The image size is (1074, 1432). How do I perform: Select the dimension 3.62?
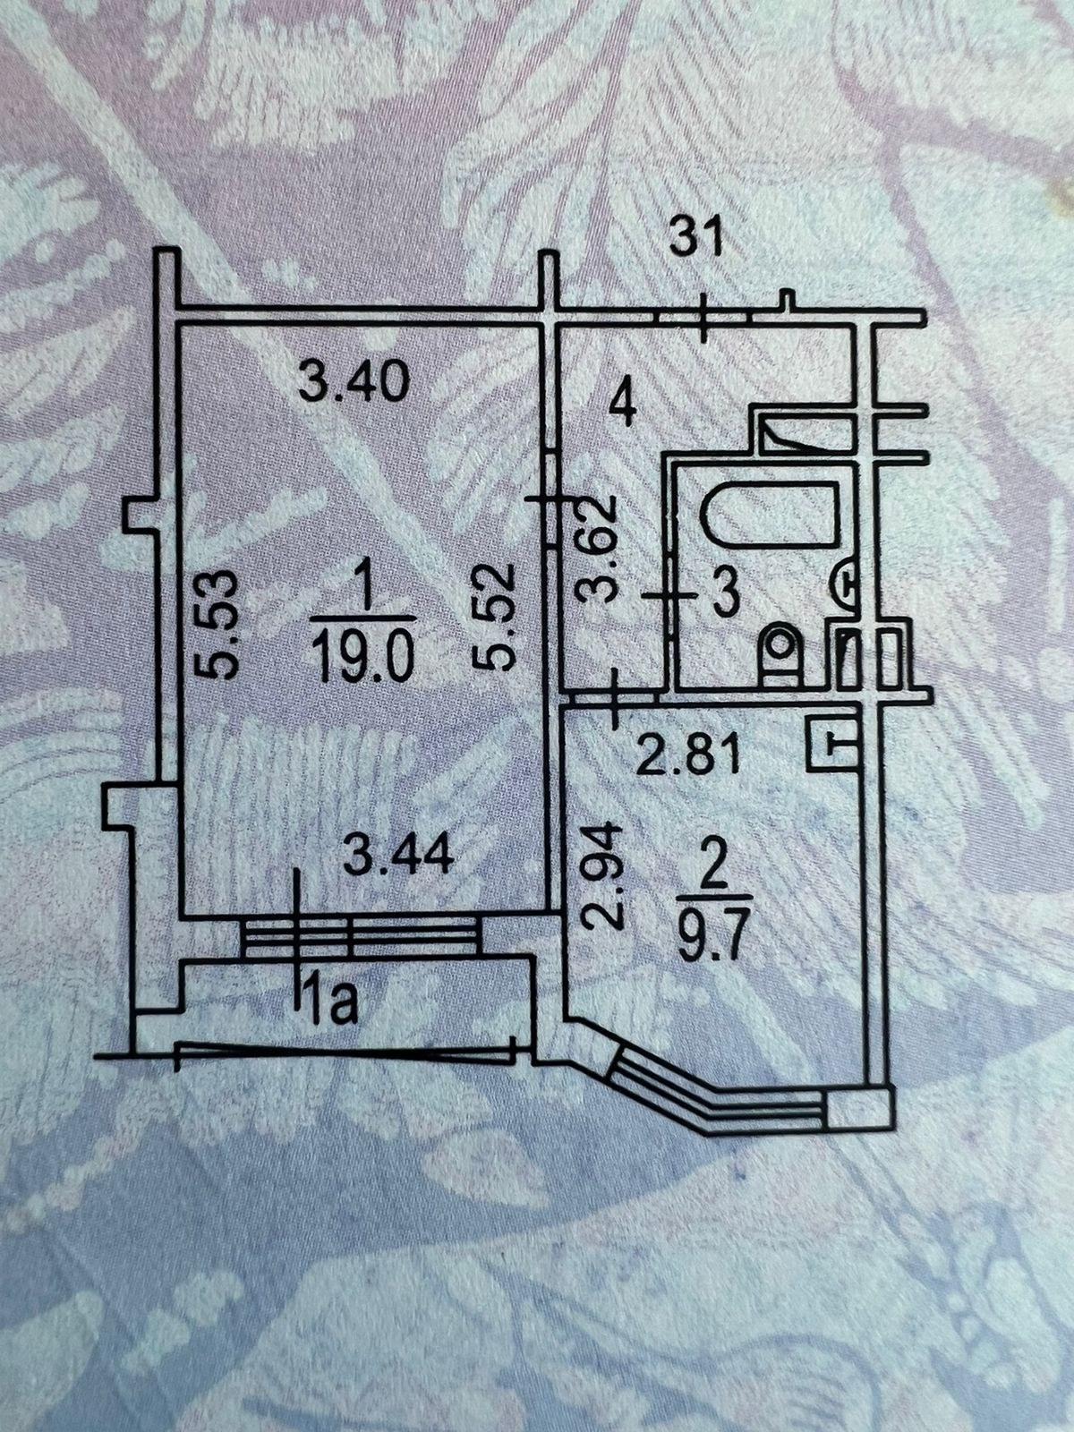[x=598, y=549]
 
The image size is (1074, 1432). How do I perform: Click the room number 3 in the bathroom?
[x=723, y=592]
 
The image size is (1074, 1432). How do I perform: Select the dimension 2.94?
[x=601, y=874]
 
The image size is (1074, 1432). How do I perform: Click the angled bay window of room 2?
[x=716, y=1094]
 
